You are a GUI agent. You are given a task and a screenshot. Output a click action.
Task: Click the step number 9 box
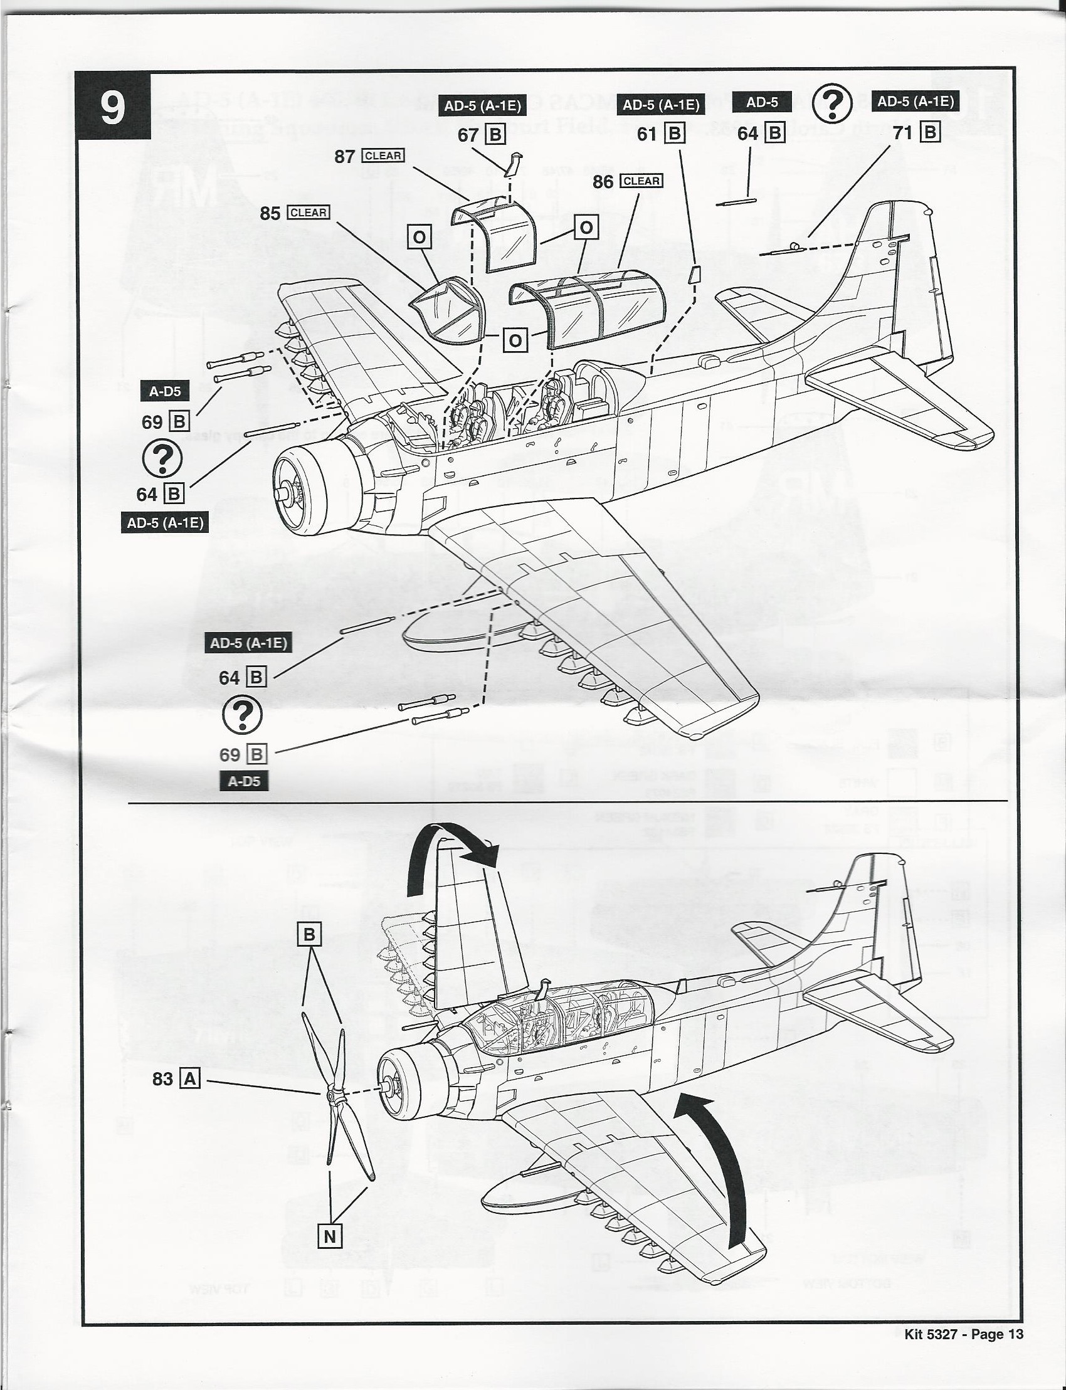tap(112, 106)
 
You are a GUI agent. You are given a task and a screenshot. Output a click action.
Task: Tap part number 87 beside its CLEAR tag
tap(344, 156)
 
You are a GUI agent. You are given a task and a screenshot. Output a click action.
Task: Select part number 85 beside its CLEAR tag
tap(270, 213)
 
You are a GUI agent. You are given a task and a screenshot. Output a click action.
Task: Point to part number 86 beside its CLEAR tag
tap(602, 182)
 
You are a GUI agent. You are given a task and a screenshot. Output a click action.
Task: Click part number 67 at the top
tap(468, 135)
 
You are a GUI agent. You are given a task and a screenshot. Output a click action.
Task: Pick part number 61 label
tap(646, 134)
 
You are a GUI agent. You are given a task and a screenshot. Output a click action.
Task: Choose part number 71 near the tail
tap(902, 132)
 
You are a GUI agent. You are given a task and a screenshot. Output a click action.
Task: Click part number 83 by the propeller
tap(162, 1078)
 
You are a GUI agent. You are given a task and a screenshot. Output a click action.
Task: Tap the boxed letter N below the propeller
tap(329, 1236)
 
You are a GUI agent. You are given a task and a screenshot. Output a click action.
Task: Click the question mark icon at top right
tap(832, 104)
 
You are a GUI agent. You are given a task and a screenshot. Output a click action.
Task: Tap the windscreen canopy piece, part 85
tap(447, 309)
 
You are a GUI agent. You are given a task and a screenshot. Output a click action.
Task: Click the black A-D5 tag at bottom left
tap(245, 781)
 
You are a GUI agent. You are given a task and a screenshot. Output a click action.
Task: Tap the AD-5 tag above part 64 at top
tap(763, 102)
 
